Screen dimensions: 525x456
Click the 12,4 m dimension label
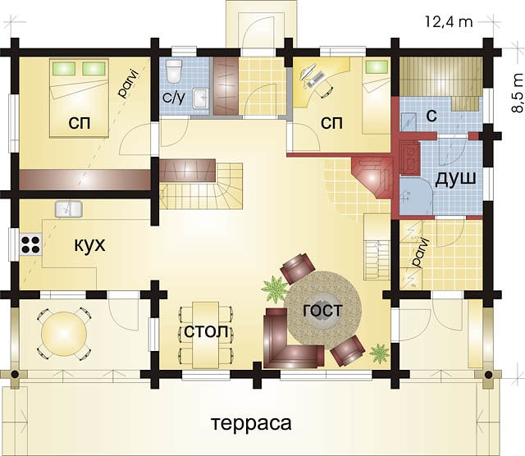tap(449, 22)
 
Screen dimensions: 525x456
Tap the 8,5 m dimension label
tap(518, 93)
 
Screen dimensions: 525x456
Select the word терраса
tap(252, 423)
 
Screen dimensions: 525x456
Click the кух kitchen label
tap(89, 244)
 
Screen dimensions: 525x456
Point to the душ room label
tap(455, 179)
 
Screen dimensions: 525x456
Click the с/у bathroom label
tap(174, 98)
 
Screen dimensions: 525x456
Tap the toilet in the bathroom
tap(174, 71)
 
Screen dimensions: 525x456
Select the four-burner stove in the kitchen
tap(31, 244)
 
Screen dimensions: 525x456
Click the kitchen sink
tap(69, 209)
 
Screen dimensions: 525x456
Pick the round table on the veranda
tap(64, 334)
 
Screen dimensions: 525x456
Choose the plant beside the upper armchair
tap(275, 289)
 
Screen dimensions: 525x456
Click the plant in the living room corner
tap(379, 353)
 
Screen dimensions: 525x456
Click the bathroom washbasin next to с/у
tap(201, 98)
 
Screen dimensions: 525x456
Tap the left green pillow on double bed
tap(64, 68)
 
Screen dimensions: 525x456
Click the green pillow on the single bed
tap(374, 66)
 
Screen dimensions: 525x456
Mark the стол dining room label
tap(206, 331)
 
